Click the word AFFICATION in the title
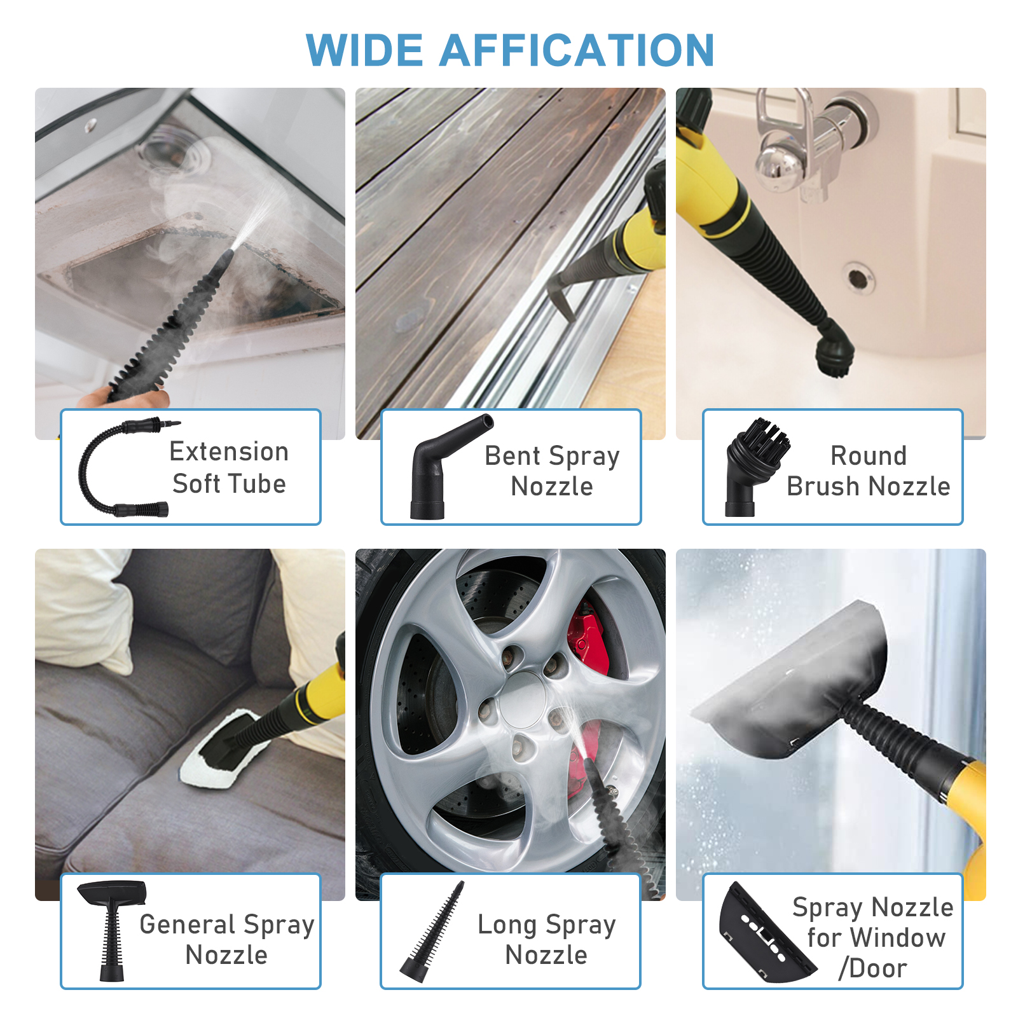(x=577, y=51)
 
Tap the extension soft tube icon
(x=121, y=467)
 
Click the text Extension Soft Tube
(x=229, y=467)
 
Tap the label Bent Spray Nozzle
(x=552, y=471)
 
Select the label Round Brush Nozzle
(x=868, y=471)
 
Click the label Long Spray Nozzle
(x=547, y=939)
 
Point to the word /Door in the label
(x=872, y=968)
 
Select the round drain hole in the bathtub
(x=857, y=278)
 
